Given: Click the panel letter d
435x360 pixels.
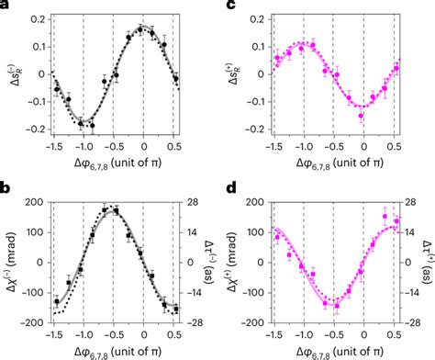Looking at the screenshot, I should (229, 190).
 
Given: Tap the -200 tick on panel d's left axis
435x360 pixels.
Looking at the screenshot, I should (257, 324).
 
